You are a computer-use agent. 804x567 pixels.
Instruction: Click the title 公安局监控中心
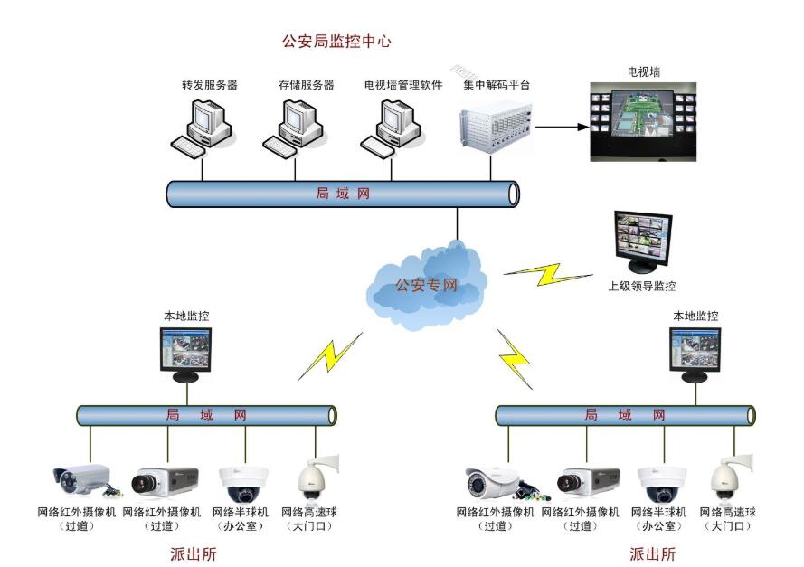point(336,42)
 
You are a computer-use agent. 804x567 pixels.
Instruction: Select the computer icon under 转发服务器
point(203,126)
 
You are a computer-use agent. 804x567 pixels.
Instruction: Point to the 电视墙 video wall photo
point(642,121)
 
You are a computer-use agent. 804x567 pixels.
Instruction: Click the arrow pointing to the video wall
point(561,127)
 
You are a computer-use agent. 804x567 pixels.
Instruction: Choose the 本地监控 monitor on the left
point(187,353)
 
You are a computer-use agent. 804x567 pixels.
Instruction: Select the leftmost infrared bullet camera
point(83,480)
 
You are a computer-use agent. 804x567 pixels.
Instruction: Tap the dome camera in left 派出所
point(242,483)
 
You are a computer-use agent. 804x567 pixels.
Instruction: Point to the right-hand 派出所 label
point(652,553)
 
